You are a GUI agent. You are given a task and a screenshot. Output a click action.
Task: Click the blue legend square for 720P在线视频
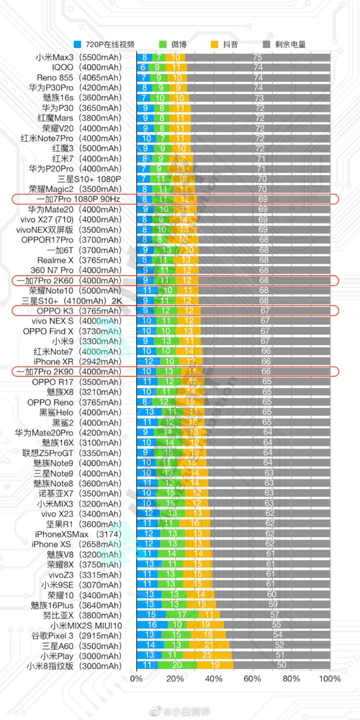[77, 44]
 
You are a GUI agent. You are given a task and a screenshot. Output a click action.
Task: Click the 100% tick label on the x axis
[329, 678]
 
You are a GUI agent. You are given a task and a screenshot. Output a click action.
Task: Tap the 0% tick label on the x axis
[136, 678]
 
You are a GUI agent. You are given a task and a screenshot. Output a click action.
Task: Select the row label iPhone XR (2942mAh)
[77, 361]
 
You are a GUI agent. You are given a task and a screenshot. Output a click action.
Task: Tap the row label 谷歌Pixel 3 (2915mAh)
[76, 635]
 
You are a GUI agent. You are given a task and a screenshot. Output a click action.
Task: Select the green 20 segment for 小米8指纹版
[176, 665]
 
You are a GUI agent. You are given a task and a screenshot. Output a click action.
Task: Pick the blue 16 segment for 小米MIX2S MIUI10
[152, 625]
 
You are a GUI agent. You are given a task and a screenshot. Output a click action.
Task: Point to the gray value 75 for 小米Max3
[258, 57]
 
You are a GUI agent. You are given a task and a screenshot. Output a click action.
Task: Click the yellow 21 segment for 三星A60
[209, 645]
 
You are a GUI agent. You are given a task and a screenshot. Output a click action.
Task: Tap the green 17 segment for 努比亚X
[182, 615]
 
